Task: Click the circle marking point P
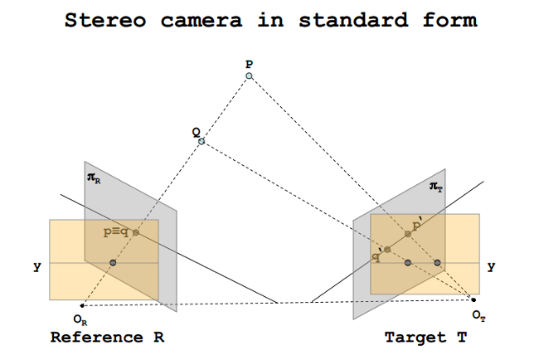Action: click(x=248, y=76)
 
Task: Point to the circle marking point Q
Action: click(x=201, y=142)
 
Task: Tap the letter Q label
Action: click(x=195, y=131)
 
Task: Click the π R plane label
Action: click(x=93, y=178)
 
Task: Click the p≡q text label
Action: click(x=115, y=232)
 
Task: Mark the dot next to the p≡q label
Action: click(x=136, y=232)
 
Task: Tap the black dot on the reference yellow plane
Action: click(x=113, y=263)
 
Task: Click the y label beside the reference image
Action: click(x=36, y=267)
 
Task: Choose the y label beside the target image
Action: click(x=491, y=267)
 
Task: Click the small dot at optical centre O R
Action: click(x=81, y=306)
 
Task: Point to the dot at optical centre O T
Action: click(x=473, y=299)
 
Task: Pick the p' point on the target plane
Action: click(x=407, y=235)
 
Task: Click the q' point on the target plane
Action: click(x=386, y=249)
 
